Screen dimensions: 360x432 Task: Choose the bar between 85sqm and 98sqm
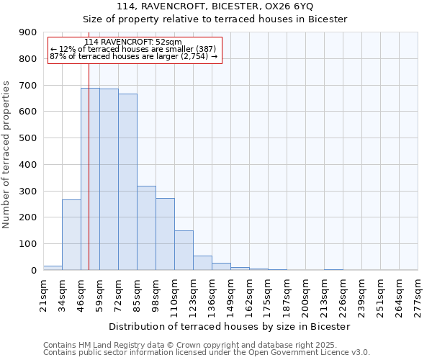pyautogui.click(x=146, y=228)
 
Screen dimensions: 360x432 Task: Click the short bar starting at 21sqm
pyautogui.click(x=53, y=268)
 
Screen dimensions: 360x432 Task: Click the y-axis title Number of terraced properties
pyautogui.click(x=7, y=154)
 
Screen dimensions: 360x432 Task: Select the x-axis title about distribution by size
pyautogui.click(x=230, y=326)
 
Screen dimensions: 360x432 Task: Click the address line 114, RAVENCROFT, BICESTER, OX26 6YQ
pyautogui.click(x=215, y=6)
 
